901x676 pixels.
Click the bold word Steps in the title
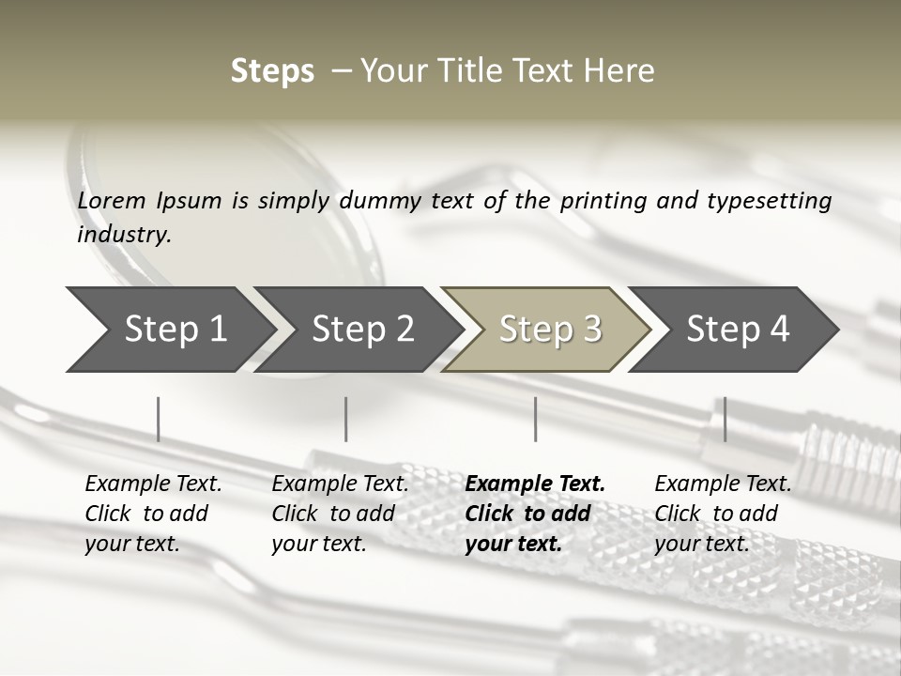point(272,71)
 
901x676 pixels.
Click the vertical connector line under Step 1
point(158,419)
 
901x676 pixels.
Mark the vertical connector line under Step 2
point(346,419)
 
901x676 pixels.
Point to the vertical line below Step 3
point(535,419)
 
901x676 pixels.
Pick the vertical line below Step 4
point(725,419)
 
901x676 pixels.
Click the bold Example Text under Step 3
point(535,484)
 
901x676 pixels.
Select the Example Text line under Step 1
point(153,484)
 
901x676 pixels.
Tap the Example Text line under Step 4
point(723,484)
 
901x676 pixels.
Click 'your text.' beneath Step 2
point(319,544)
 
